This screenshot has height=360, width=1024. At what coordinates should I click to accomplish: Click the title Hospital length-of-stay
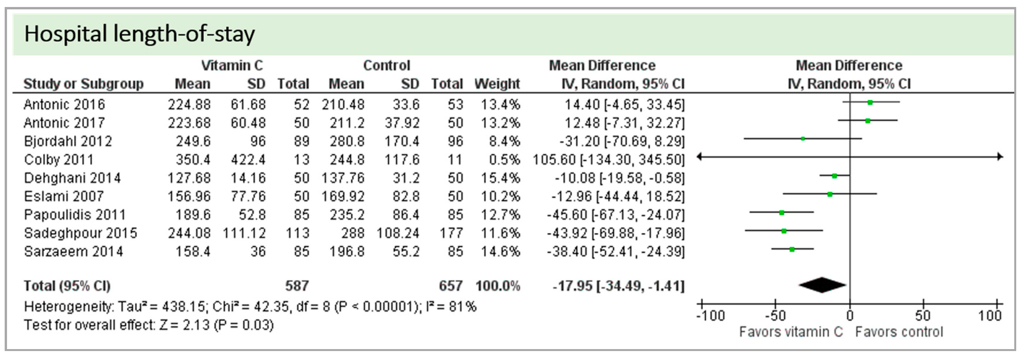139,34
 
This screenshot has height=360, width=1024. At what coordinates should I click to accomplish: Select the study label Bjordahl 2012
67,141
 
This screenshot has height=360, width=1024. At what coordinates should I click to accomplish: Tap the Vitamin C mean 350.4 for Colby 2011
193,160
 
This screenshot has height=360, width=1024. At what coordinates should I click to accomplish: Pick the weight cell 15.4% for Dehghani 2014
500,178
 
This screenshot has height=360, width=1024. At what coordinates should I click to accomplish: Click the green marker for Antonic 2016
870,102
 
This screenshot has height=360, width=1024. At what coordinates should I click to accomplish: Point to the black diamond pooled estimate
822,285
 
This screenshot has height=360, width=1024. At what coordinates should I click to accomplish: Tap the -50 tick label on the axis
775,316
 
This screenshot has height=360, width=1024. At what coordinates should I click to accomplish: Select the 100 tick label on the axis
989,316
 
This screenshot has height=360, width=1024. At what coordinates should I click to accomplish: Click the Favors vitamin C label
791,332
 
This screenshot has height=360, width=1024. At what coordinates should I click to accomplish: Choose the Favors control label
899,332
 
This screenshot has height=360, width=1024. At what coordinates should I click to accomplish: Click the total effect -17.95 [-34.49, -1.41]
619,286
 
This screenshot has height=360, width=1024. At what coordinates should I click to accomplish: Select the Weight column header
497,84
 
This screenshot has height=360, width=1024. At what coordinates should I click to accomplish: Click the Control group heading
386,65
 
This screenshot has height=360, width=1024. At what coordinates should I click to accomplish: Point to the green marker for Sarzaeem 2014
792,249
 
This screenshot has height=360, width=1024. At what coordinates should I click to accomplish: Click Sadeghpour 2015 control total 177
451,233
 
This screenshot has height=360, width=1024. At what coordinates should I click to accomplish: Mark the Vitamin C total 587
297,286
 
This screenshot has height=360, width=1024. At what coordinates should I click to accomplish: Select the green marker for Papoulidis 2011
782,213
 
